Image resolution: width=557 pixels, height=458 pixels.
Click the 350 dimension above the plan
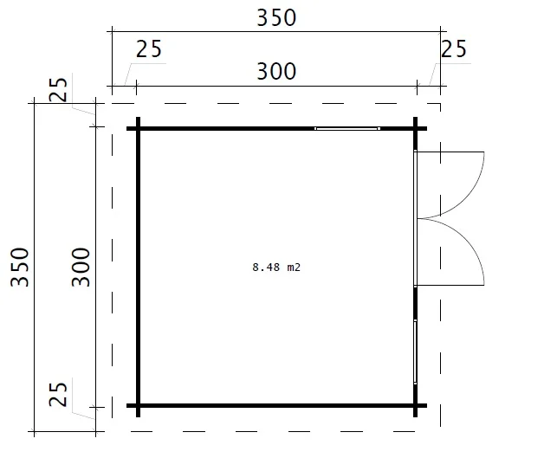[276, 18]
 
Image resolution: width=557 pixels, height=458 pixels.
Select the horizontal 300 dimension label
[276, 71]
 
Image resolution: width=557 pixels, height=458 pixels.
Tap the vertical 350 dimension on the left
[20, 267]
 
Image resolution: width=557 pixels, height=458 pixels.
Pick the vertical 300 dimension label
[81, 267]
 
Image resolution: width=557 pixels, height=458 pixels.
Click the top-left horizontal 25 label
[149, 49]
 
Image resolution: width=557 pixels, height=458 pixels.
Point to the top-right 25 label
[454, 49]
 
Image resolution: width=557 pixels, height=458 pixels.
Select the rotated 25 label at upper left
[58, 89]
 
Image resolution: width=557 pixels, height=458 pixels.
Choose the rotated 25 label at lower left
[58, 395]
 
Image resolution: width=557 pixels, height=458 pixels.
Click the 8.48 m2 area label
[276, 267]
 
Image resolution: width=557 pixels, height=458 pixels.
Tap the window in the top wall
[347, 128]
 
